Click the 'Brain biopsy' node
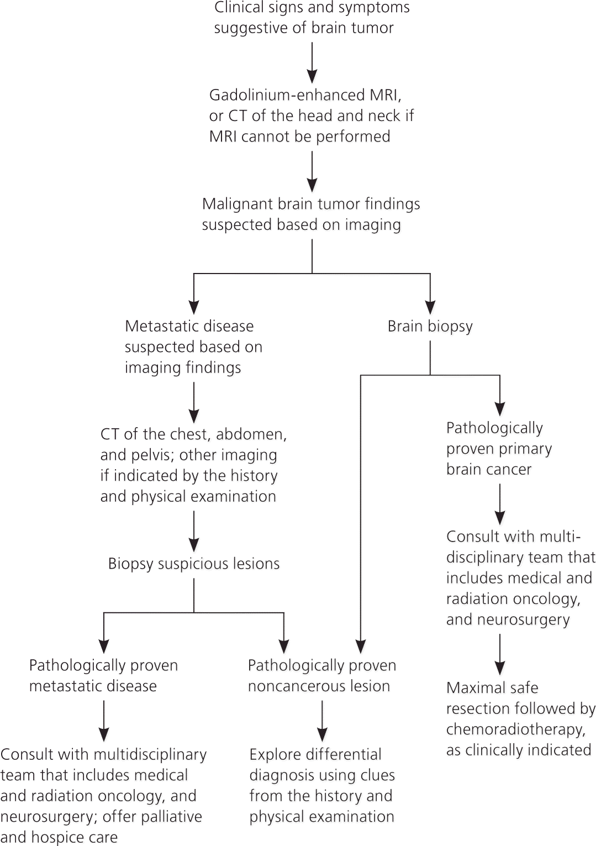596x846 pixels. pos(430,327)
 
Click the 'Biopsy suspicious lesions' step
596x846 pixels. pos(194,564)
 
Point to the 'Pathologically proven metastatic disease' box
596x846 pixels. pos(103,675)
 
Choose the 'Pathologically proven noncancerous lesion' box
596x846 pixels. pos(322,675)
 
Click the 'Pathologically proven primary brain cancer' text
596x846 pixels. pos(499,448)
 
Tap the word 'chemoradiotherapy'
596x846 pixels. pos(515,729)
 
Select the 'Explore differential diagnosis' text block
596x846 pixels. pos(322,785)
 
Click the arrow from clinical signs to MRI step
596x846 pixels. pos(312,63)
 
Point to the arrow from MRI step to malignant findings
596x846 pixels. pos(312,172)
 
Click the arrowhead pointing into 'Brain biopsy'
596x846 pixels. pos(430,307)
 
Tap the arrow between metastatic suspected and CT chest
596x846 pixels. pos(194,403)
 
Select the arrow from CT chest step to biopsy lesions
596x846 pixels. pos(194,531)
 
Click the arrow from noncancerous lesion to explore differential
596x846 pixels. pos(322,721)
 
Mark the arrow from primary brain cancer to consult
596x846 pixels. pos(500,504)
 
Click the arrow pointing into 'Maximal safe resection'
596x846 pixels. pos(500,654)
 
